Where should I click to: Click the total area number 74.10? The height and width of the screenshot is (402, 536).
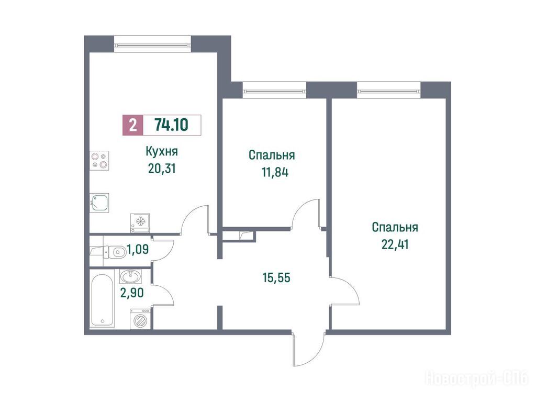(171, 125)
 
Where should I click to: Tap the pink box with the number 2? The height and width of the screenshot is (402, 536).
(133, 125)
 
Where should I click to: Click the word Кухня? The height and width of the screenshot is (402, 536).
(162, 151)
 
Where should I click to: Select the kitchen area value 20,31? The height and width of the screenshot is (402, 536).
(162, 168)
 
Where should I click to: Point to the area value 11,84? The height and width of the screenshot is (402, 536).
(275, 172)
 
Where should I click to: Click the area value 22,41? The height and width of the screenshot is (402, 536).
(395, 244)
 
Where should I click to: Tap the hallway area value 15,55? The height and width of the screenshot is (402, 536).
(276, 277)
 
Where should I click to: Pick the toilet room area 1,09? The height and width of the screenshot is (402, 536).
(138, 250)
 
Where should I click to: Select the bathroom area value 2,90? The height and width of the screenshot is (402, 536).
(131, 293)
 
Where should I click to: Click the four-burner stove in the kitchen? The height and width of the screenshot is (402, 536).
(99, 161)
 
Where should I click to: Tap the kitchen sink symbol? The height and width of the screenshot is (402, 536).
(99, 203)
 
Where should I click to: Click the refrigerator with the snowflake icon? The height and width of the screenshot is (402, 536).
(140, 223)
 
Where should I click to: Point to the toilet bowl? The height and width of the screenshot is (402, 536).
(114, 253)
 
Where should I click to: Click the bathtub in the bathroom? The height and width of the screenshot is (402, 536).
(103, 298)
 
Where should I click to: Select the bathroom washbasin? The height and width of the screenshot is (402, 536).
(130, 276)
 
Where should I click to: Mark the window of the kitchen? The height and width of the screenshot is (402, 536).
(152, 44)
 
